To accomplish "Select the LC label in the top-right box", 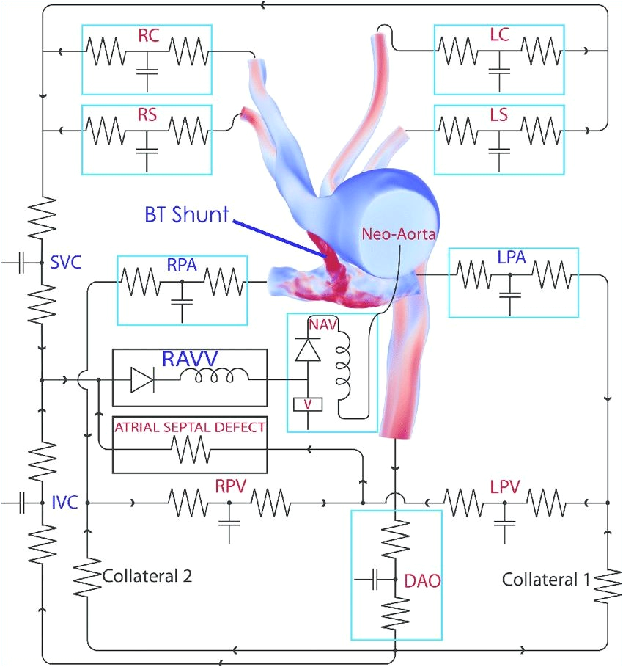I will pos(501,35).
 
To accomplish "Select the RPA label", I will pos(183,264).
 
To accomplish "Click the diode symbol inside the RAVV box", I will pos(141,380).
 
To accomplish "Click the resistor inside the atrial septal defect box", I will pos(189,448).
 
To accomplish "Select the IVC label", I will pos(64,503).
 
